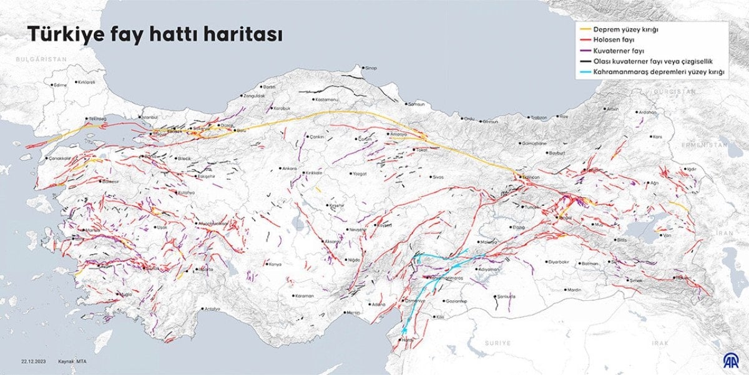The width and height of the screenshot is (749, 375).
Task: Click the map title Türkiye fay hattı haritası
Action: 154,34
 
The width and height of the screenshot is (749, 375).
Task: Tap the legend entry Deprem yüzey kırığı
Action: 626,29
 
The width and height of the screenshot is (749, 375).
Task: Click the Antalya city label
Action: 213,308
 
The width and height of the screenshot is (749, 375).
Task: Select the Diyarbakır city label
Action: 559,261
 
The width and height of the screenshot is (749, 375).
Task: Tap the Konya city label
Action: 275,264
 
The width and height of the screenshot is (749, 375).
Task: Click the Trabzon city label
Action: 539,117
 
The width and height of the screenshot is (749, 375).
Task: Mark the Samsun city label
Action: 416,104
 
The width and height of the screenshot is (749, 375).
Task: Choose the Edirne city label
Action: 60,84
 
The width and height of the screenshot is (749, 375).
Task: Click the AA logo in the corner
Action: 730,359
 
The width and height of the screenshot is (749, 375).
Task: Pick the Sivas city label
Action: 438,177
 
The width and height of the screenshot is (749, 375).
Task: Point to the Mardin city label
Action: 574,290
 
